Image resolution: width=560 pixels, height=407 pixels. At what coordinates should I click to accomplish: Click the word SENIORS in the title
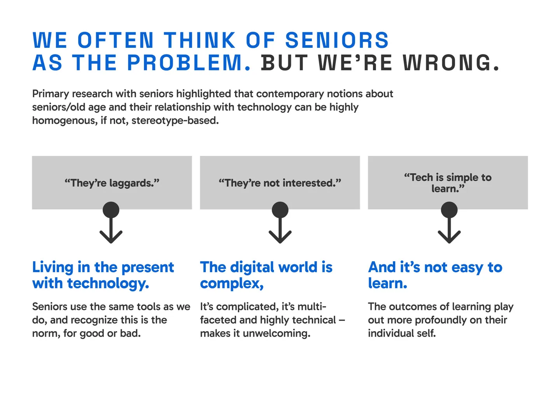point(337,40)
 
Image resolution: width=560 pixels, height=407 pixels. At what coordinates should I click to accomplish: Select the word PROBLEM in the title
point(185,63)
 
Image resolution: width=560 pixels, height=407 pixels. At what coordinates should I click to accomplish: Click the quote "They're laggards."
point(112,183)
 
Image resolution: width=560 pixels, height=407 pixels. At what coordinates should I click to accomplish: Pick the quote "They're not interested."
point(280,183)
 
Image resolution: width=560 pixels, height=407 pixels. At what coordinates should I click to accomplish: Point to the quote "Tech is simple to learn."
point(448,183)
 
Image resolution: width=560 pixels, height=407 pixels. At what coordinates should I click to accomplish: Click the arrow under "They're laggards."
point(111,224)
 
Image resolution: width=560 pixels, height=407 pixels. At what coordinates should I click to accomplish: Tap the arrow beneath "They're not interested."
point(280,224)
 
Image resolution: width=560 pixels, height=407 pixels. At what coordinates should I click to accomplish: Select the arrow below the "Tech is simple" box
point(449,224)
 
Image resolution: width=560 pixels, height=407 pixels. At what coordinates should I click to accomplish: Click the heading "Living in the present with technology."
point(103,275)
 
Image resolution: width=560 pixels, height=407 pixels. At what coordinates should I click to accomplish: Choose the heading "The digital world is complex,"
point(266,275)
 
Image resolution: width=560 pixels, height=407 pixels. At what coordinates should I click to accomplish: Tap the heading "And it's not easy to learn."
point(435,275)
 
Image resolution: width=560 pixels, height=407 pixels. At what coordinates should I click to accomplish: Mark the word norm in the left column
point(44,334)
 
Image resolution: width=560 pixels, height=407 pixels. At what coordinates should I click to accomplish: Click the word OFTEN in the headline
point(115,40)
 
